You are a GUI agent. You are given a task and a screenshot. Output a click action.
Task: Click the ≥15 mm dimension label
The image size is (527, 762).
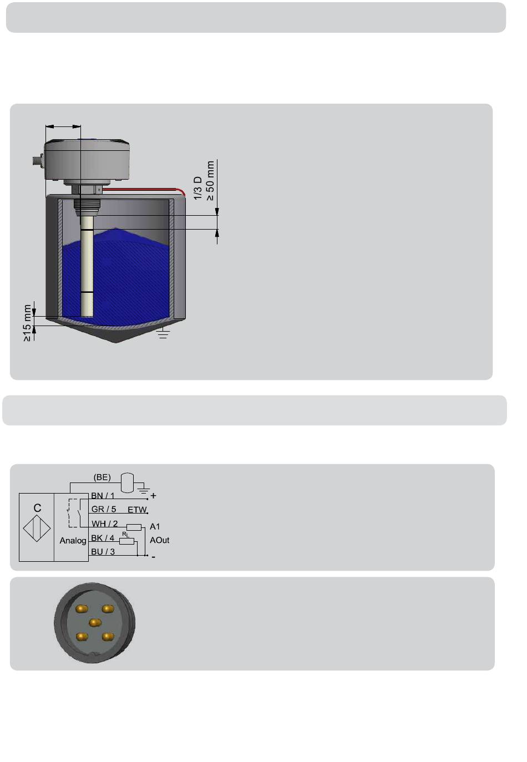[x=27, y=323]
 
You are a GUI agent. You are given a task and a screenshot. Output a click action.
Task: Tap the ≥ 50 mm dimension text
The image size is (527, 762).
[x=210, y=181]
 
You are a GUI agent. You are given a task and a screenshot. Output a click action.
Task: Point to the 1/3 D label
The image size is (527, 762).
[x=197, y=188]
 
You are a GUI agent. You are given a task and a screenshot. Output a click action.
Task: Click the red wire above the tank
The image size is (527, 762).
[x=144, y=190]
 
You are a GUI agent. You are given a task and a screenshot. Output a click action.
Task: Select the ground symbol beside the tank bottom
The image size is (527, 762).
[x=163, y=333]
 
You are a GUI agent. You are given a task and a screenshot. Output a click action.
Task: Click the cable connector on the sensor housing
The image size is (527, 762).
[x=37, y=160]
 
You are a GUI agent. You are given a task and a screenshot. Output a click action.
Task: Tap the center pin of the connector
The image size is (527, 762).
[x=95, y=622]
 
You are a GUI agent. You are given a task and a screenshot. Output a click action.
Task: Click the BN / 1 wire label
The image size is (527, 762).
[x=103, y=496]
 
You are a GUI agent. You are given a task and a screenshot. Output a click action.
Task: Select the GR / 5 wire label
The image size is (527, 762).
[x=104, y=509]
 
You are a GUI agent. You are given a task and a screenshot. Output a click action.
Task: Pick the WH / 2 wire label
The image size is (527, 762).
[x=104, y=524]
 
